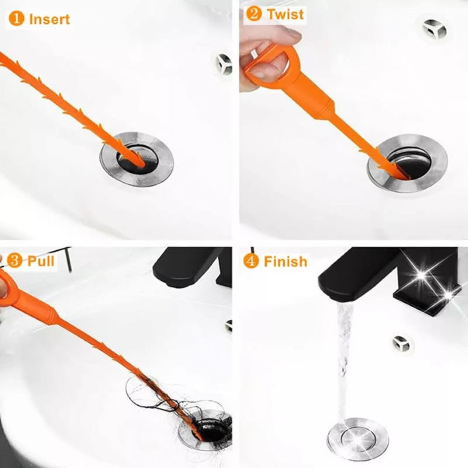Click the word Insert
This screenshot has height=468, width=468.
click(x=50, y=19)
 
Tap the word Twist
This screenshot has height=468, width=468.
click(x=285, y=14)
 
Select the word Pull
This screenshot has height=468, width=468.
click(x=41, y=261)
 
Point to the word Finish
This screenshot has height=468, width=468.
click(x=285, y=261)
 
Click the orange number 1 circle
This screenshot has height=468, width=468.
click(x=16, y=19)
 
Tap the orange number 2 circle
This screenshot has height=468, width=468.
click(x=254, y=13)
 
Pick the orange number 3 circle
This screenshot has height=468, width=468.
click(x=14, y=260)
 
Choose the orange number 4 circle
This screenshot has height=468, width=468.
click(x=251, y=261)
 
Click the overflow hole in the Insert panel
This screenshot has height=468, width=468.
click(x=224, y=64)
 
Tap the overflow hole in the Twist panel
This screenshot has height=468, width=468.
click(x=434, y=29)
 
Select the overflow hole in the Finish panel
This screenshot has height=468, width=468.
click(x=401, y=343)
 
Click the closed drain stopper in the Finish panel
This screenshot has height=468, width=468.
click(x=357, y=439)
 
